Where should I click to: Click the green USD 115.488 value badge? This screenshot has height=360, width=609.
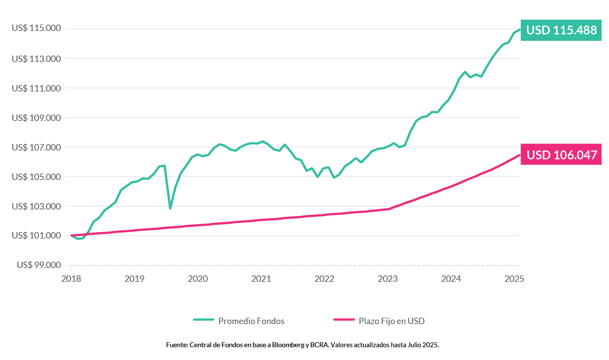[561, 30]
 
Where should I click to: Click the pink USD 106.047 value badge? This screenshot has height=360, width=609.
[561, 155]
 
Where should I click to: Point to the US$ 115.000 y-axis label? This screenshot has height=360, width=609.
[36, 29]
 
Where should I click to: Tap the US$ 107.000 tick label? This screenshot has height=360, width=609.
[36, 147]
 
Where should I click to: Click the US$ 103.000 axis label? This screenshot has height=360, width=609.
[36, 206]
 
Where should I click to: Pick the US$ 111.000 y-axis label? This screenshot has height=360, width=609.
[36, 88]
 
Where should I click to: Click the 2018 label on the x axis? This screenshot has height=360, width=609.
[71, 279]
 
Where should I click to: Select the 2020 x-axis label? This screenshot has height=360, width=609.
[198, 279]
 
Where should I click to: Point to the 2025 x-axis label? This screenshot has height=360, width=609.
[514, 279]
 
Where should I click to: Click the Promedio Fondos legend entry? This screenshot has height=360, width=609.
[251, 321]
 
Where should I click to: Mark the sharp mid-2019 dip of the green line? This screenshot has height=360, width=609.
[170, 208]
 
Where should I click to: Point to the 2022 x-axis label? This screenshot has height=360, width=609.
[324, 279]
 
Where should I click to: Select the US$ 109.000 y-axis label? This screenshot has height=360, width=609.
[36, 118]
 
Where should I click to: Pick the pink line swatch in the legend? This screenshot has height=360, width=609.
[344, 321]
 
